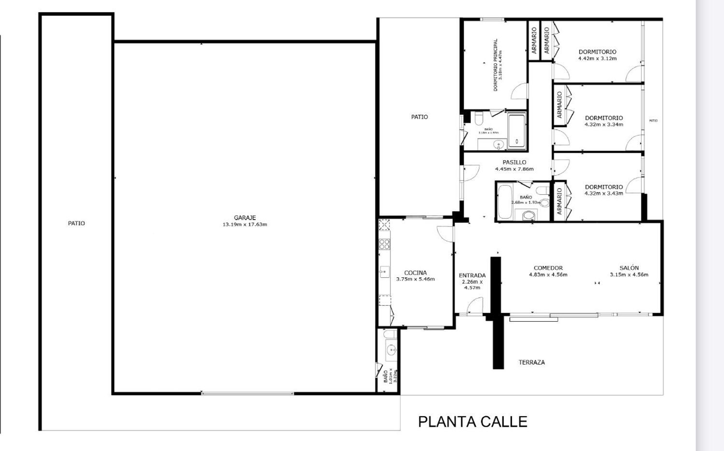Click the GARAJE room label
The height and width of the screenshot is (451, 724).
pyautogui.click(x=245, y=218)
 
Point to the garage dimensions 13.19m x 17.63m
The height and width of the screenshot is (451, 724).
pyautogui.click(x=245, y=224)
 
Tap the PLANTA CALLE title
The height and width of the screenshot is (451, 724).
pyautogui.click(x=472, y=422)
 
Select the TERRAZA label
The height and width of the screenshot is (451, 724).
pyautogui.click(x=531, y=362)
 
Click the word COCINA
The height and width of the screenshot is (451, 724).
pyautogui.click(x=415, y=273)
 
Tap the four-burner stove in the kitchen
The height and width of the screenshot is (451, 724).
pyautogui.click(x=384, y=244)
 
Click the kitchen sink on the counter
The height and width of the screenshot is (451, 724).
pyautogui.click(x=384, y=272)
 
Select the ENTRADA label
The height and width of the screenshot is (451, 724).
pyautogui.click(x=472, y=275)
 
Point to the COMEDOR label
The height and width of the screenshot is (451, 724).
pyautogui.click(x=548, y=268)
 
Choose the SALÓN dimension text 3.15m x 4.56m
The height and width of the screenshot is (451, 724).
pyautogui.click(x=628, y=274)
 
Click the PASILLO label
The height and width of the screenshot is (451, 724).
pyautogui.click(x=514, y=162)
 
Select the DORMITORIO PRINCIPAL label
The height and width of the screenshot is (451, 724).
pyautogui.click(x=496, y=65)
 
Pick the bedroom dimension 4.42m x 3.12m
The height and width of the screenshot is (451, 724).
pyautogui.click(x=597, y=58)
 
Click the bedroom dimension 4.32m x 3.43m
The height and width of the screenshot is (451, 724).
pyautogui.click(x=603, y=193)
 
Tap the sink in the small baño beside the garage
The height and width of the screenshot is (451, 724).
pyautogui.click(x=390, y=349)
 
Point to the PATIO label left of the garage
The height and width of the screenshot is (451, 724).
pyautogui.click(x=76, y=223)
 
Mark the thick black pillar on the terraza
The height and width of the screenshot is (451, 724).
pyautogui.click(x=498, y=342)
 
